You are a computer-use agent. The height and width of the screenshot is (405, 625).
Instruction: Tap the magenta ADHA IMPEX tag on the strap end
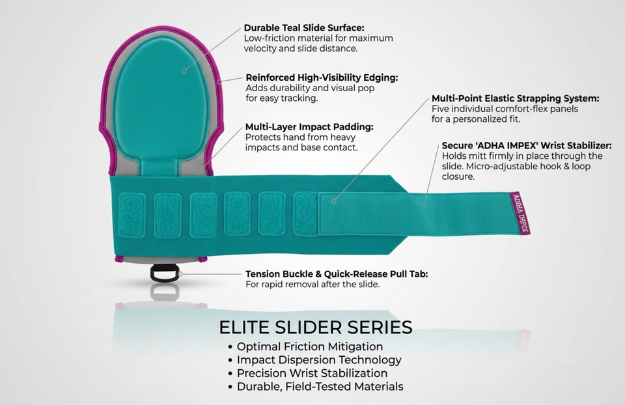(521, 213)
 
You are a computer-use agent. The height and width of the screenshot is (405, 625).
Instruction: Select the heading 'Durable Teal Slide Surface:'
(304, 28)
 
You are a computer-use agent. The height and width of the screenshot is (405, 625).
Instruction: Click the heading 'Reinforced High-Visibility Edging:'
(322, 77)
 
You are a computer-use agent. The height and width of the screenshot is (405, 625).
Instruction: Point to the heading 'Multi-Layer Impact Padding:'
(309, 127)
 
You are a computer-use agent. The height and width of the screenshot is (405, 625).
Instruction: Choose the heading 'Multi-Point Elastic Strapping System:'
(516, 98)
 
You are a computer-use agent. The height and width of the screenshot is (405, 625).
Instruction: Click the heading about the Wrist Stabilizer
(527, 145)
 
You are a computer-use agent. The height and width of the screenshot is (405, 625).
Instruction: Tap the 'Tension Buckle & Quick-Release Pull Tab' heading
(337, 274)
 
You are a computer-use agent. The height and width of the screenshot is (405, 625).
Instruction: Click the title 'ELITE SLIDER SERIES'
(316, 328)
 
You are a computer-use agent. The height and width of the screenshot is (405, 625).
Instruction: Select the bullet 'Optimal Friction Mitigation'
(310, 347)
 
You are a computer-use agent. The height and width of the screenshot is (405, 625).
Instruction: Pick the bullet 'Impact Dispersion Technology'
(319, 360)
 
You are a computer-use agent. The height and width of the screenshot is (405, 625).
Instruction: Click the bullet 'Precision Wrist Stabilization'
(312, 374)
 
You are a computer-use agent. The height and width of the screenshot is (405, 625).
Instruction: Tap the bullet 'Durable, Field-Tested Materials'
(320, 387)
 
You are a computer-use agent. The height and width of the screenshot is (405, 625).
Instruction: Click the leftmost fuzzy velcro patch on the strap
(132, 216)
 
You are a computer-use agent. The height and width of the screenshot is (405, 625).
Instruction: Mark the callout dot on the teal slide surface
(184, 71)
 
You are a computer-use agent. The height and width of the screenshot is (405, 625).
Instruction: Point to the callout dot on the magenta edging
(219, 81)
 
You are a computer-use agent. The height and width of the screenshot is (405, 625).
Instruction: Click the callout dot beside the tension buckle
(180, 274)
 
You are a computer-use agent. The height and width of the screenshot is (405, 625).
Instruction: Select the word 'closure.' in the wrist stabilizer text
(458, 176)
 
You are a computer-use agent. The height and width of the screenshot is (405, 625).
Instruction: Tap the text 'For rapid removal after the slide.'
(312, 285)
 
